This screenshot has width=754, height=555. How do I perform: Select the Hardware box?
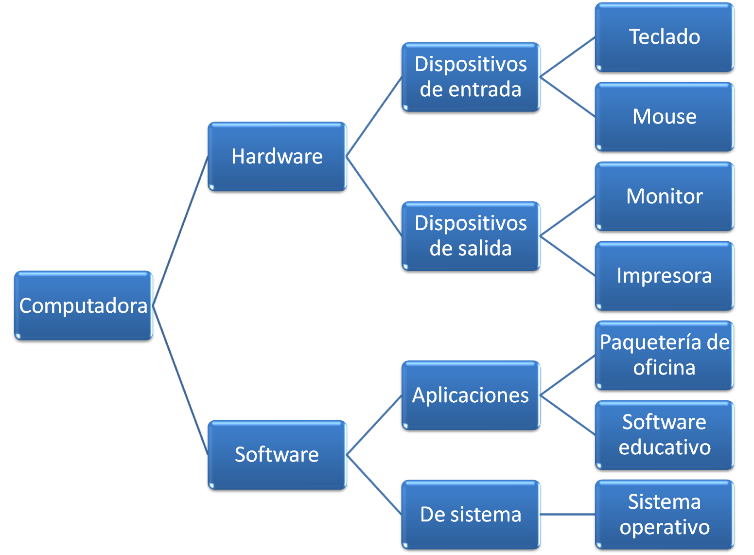pos(277,157)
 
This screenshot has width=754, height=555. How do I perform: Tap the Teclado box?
pos(664,37)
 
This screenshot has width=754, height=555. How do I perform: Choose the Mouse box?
pos(664,117)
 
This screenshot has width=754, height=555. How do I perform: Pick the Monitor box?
pos(664,197)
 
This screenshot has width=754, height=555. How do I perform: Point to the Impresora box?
pos(664,276)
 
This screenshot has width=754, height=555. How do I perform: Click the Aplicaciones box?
pos(470,396)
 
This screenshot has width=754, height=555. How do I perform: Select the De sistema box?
pos(470,515)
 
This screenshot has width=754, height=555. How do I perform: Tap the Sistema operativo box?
pos(664,515)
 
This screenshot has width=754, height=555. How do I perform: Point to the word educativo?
pos(664,448)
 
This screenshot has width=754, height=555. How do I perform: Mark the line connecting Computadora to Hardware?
pos(180,231)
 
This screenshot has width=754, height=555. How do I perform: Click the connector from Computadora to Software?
pos(180,381)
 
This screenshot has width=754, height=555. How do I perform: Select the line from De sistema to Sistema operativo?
pos(567,514)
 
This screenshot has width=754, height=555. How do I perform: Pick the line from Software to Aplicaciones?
pos(374,426)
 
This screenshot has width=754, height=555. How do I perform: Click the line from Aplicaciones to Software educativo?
pos(567,415)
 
